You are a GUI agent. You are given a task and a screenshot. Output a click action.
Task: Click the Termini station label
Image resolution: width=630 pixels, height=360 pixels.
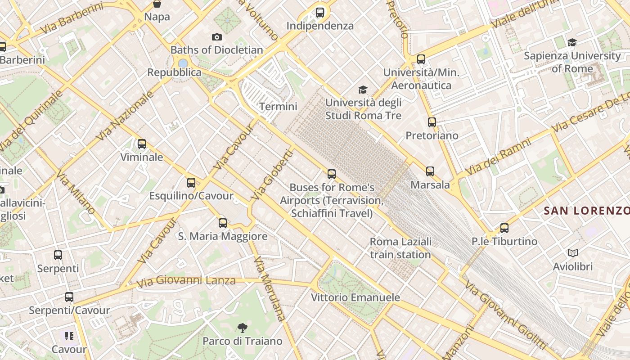point(278,107)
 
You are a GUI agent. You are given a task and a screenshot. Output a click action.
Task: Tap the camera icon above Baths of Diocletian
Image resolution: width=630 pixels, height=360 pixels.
point(217,37)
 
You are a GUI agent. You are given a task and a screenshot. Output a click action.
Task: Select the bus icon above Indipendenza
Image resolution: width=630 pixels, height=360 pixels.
point(320,13)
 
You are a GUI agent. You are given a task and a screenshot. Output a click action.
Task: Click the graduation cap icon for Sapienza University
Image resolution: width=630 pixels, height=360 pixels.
point(572,42)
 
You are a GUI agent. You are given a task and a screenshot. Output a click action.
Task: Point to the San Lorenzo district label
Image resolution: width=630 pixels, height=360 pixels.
point(586,211)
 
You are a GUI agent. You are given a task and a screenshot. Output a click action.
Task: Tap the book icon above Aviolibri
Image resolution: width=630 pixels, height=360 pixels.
point(572,253)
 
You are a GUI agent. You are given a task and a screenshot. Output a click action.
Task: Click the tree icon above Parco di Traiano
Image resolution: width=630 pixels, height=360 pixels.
point(242,328)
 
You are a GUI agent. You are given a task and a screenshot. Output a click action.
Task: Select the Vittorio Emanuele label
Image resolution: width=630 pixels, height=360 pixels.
point(355,297)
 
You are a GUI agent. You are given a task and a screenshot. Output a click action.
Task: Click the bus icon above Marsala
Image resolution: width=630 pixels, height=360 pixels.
point(430,171)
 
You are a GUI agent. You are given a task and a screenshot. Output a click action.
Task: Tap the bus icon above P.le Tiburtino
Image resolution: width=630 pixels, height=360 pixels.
point(504,228)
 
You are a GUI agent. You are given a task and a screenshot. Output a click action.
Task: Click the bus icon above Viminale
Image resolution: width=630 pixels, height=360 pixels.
point(142,144)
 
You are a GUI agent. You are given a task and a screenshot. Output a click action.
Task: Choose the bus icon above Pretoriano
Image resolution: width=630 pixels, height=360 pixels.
point(432,122)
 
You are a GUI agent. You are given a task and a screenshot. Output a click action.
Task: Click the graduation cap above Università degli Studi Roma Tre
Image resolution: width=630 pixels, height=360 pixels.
point(363,90)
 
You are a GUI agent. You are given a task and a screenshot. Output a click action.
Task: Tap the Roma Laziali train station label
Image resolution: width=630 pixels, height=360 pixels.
point(400,248)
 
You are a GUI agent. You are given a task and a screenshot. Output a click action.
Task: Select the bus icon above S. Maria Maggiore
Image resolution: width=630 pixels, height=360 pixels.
point(223,223)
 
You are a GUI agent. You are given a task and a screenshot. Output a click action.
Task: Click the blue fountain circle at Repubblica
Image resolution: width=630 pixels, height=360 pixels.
point(183,63)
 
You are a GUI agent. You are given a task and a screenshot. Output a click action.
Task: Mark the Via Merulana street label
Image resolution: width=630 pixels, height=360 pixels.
point(270,289)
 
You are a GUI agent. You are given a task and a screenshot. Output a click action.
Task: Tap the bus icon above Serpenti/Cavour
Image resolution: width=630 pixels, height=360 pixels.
point(69,297)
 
